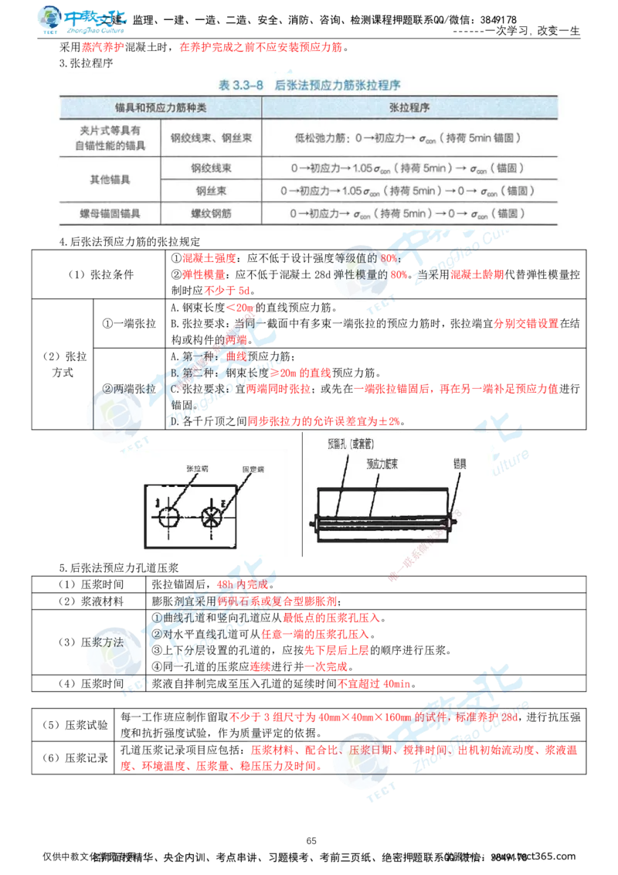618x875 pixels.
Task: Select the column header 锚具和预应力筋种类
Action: tap(161, 107)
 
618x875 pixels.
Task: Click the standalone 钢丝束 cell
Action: tap(211, 190)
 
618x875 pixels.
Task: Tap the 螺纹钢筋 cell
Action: tap(211, 213)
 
